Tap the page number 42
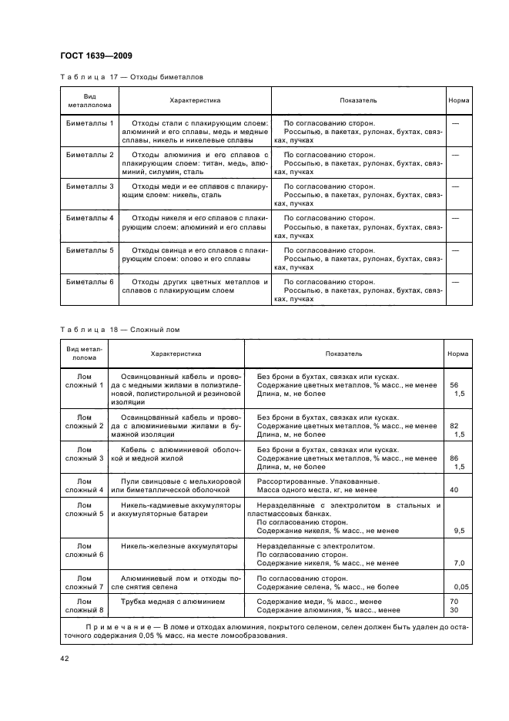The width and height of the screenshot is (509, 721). tap(64, 657)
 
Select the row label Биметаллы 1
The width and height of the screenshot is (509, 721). tap(89, 123)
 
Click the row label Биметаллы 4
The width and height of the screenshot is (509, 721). tap(89, 219)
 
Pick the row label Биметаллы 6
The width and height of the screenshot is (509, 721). tap(89, 282)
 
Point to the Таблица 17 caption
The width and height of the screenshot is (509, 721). tap(132, 77)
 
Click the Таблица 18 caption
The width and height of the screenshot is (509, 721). tap(119, 330)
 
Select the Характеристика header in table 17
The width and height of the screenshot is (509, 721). tap(195, 101)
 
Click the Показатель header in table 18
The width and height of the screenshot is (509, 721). tap(344, 354)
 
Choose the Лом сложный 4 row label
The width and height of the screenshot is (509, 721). tap(84, 485)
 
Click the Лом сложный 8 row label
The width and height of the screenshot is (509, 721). tap(84, 605)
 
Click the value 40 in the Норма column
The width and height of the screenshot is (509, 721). tap(454, 489)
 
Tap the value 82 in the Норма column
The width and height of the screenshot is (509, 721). tap(454, 425)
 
